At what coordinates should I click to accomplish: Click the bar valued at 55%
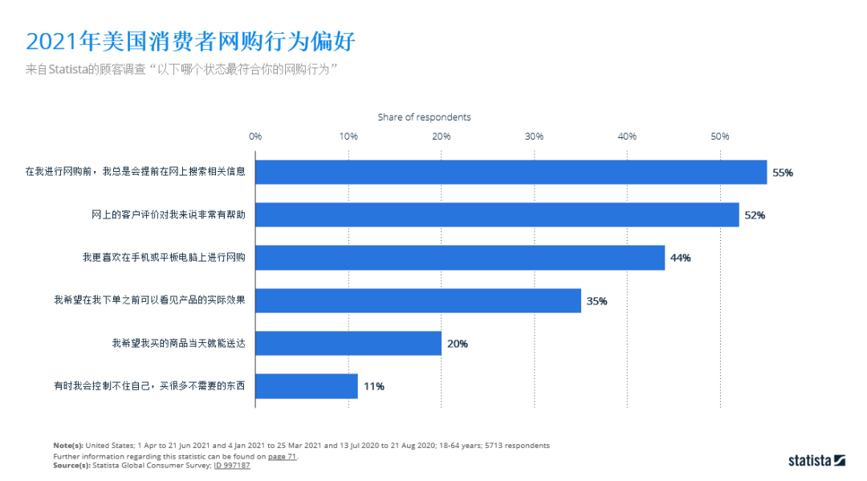pos(511,172)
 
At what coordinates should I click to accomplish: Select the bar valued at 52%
pos(497,214)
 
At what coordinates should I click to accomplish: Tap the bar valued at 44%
pos(460,258)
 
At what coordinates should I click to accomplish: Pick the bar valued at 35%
pos(418,301)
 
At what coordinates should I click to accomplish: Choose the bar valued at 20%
pos(348,344)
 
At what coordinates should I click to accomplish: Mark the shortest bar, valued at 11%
pos(307,386)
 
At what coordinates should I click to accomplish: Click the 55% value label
pos(783,173)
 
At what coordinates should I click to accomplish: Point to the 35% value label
pos(596,301)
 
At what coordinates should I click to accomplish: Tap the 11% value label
pos(373,386)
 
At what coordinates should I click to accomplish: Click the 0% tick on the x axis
pos(255,137)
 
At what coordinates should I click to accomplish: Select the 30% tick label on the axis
pos(534,137)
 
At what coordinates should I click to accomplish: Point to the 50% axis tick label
pos(720,137)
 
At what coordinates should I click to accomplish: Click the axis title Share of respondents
pos(425,117)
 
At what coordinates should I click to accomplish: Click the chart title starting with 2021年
pos(190,41)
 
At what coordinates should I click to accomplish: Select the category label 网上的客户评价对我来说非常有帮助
pos(169,215)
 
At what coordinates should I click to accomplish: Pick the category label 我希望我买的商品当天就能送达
pos(178,344)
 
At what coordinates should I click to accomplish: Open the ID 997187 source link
pos(232,466)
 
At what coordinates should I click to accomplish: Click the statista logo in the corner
pos(816,460)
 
